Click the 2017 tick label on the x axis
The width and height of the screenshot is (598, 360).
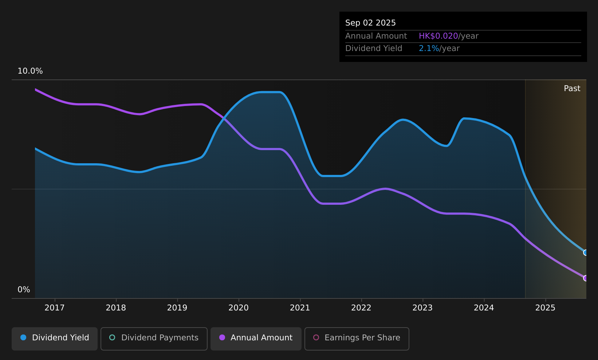tap(55, 308)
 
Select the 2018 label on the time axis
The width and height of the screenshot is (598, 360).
tap(116, 308)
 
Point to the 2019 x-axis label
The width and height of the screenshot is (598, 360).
tap(177, 308)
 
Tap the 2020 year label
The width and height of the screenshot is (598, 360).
tap(239, 308)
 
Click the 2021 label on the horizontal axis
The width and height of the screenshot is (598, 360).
tap(300, 308)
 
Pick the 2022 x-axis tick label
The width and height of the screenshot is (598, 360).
tap(361, 308)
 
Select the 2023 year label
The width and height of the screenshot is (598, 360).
tap(422, 308)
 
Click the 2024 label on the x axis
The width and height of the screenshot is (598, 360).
tap(484, 308)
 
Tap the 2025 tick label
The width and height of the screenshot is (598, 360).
tap(546, 308)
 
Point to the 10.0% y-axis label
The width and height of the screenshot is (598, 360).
tap(30, 71)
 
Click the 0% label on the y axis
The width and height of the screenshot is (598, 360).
tap(24, 290)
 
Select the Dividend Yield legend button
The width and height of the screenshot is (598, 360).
tap(55, 339)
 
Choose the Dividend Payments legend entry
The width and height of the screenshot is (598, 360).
tap(154, 339)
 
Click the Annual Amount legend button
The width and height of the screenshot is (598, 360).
tap(256, 339)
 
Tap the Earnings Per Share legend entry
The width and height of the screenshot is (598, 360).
tap(357, 339)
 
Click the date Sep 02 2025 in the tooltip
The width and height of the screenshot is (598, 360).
tap(370, 23)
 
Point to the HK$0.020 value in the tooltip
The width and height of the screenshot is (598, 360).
tap(438, 36)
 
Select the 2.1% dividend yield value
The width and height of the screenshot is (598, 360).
tap(429, 48)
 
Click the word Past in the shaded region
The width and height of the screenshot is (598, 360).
tap(572, 89)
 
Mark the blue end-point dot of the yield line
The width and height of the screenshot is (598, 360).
tap(586, 253)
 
